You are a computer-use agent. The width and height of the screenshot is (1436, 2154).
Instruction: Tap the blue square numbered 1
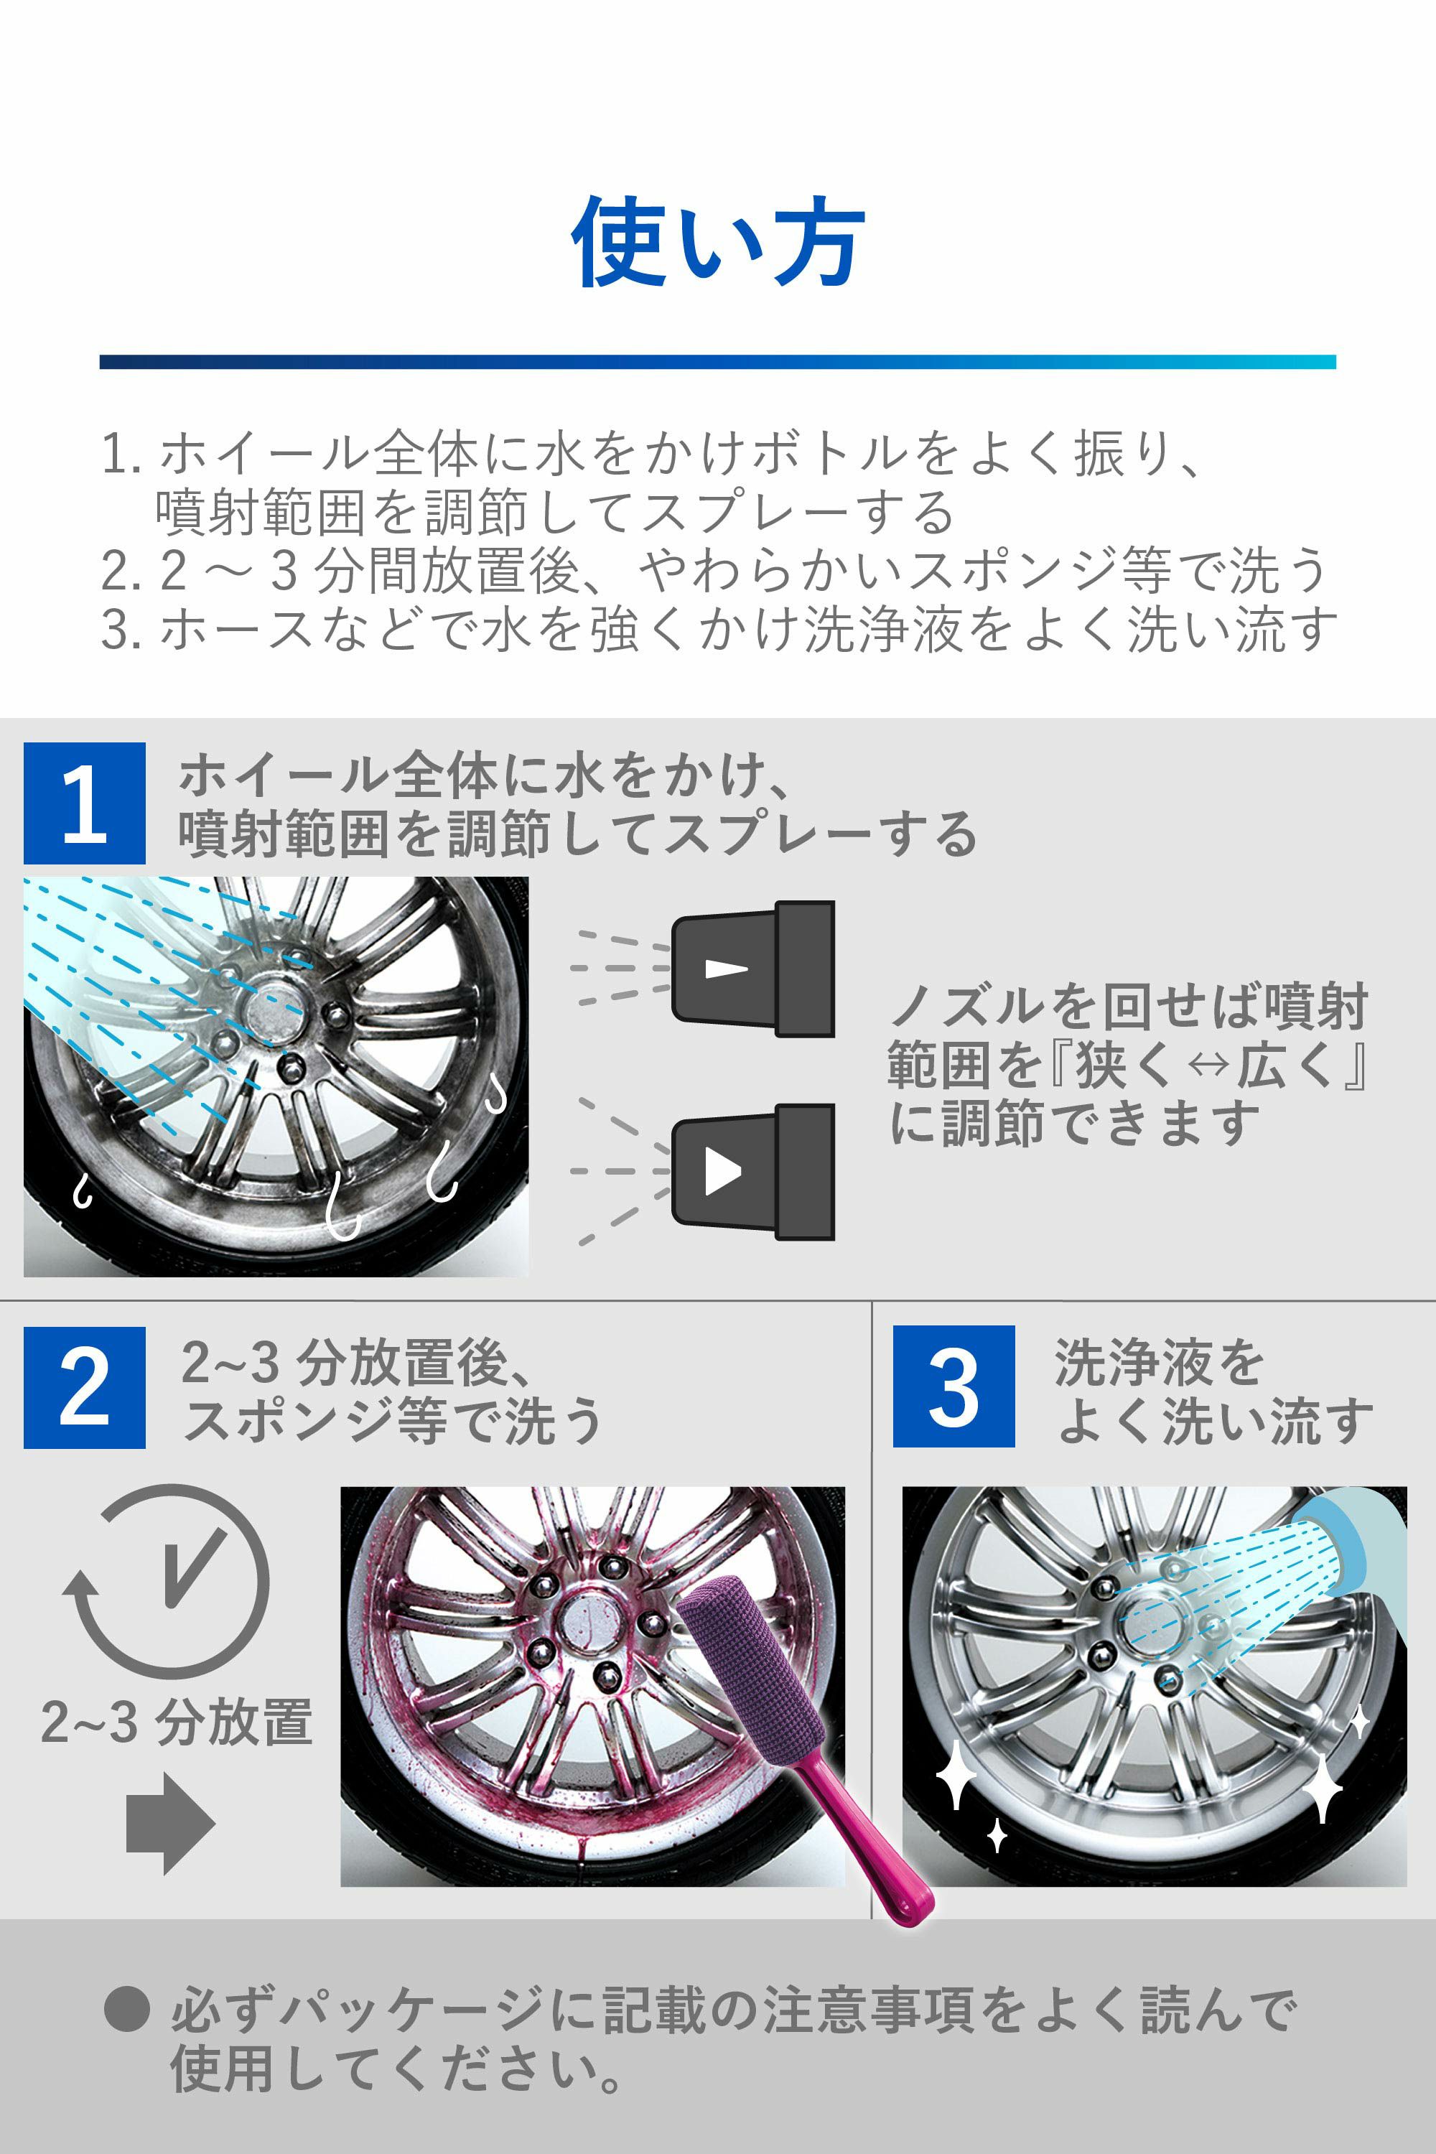tap(84, 803)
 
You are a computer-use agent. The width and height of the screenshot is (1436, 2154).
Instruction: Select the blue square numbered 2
tap(84, 1386)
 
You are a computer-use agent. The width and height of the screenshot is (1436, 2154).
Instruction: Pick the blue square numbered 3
tap(954, 1386)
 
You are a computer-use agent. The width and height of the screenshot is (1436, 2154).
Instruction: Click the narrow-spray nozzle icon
tap(752, 969)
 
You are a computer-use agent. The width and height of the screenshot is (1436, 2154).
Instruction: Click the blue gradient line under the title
tap(718, 362)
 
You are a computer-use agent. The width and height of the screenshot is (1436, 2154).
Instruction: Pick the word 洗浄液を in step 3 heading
tap(1159, 1362)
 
